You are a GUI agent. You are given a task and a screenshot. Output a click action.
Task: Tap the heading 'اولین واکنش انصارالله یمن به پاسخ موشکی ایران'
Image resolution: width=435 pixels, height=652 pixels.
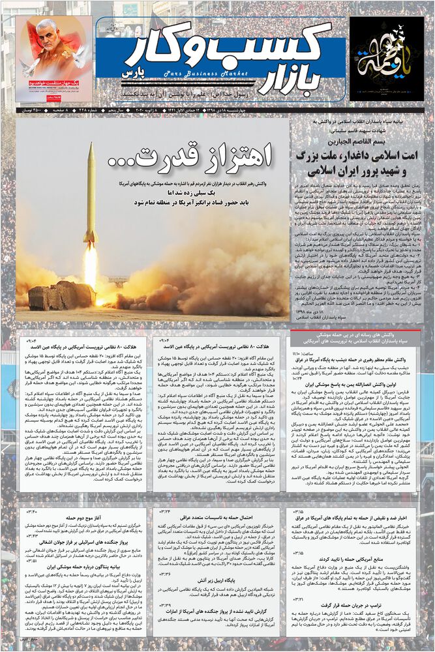point(365,385)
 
